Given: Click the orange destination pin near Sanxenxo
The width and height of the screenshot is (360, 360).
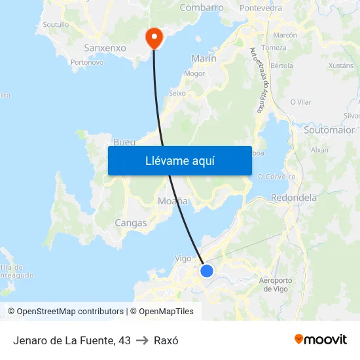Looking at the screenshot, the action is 154,37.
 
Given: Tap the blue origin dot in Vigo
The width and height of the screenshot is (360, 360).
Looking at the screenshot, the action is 207,270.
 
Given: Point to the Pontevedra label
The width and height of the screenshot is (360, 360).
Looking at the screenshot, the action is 261,8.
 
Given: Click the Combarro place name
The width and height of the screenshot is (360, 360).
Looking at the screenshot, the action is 202,8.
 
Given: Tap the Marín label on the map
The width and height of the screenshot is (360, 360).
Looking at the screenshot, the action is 204,59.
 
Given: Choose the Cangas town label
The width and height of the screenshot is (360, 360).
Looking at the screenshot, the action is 131,223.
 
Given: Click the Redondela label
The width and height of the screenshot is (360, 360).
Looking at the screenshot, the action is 293,198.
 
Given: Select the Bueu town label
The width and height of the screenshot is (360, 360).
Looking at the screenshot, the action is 124,142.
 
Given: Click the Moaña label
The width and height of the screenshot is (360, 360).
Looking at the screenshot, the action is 173,201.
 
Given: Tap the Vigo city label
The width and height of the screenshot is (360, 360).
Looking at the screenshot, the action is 183,259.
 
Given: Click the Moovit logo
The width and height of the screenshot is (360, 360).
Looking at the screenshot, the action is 321,339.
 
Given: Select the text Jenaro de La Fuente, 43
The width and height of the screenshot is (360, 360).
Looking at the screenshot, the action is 72,340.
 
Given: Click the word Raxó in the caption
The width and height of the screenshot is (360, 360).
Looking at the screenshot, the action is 166,340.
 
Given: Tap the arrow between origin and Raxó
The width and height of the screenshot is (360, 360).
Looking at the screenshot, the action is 142,340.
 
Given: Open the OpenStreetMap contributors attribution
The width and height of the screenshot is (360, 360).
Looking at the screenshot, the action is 70,312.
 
